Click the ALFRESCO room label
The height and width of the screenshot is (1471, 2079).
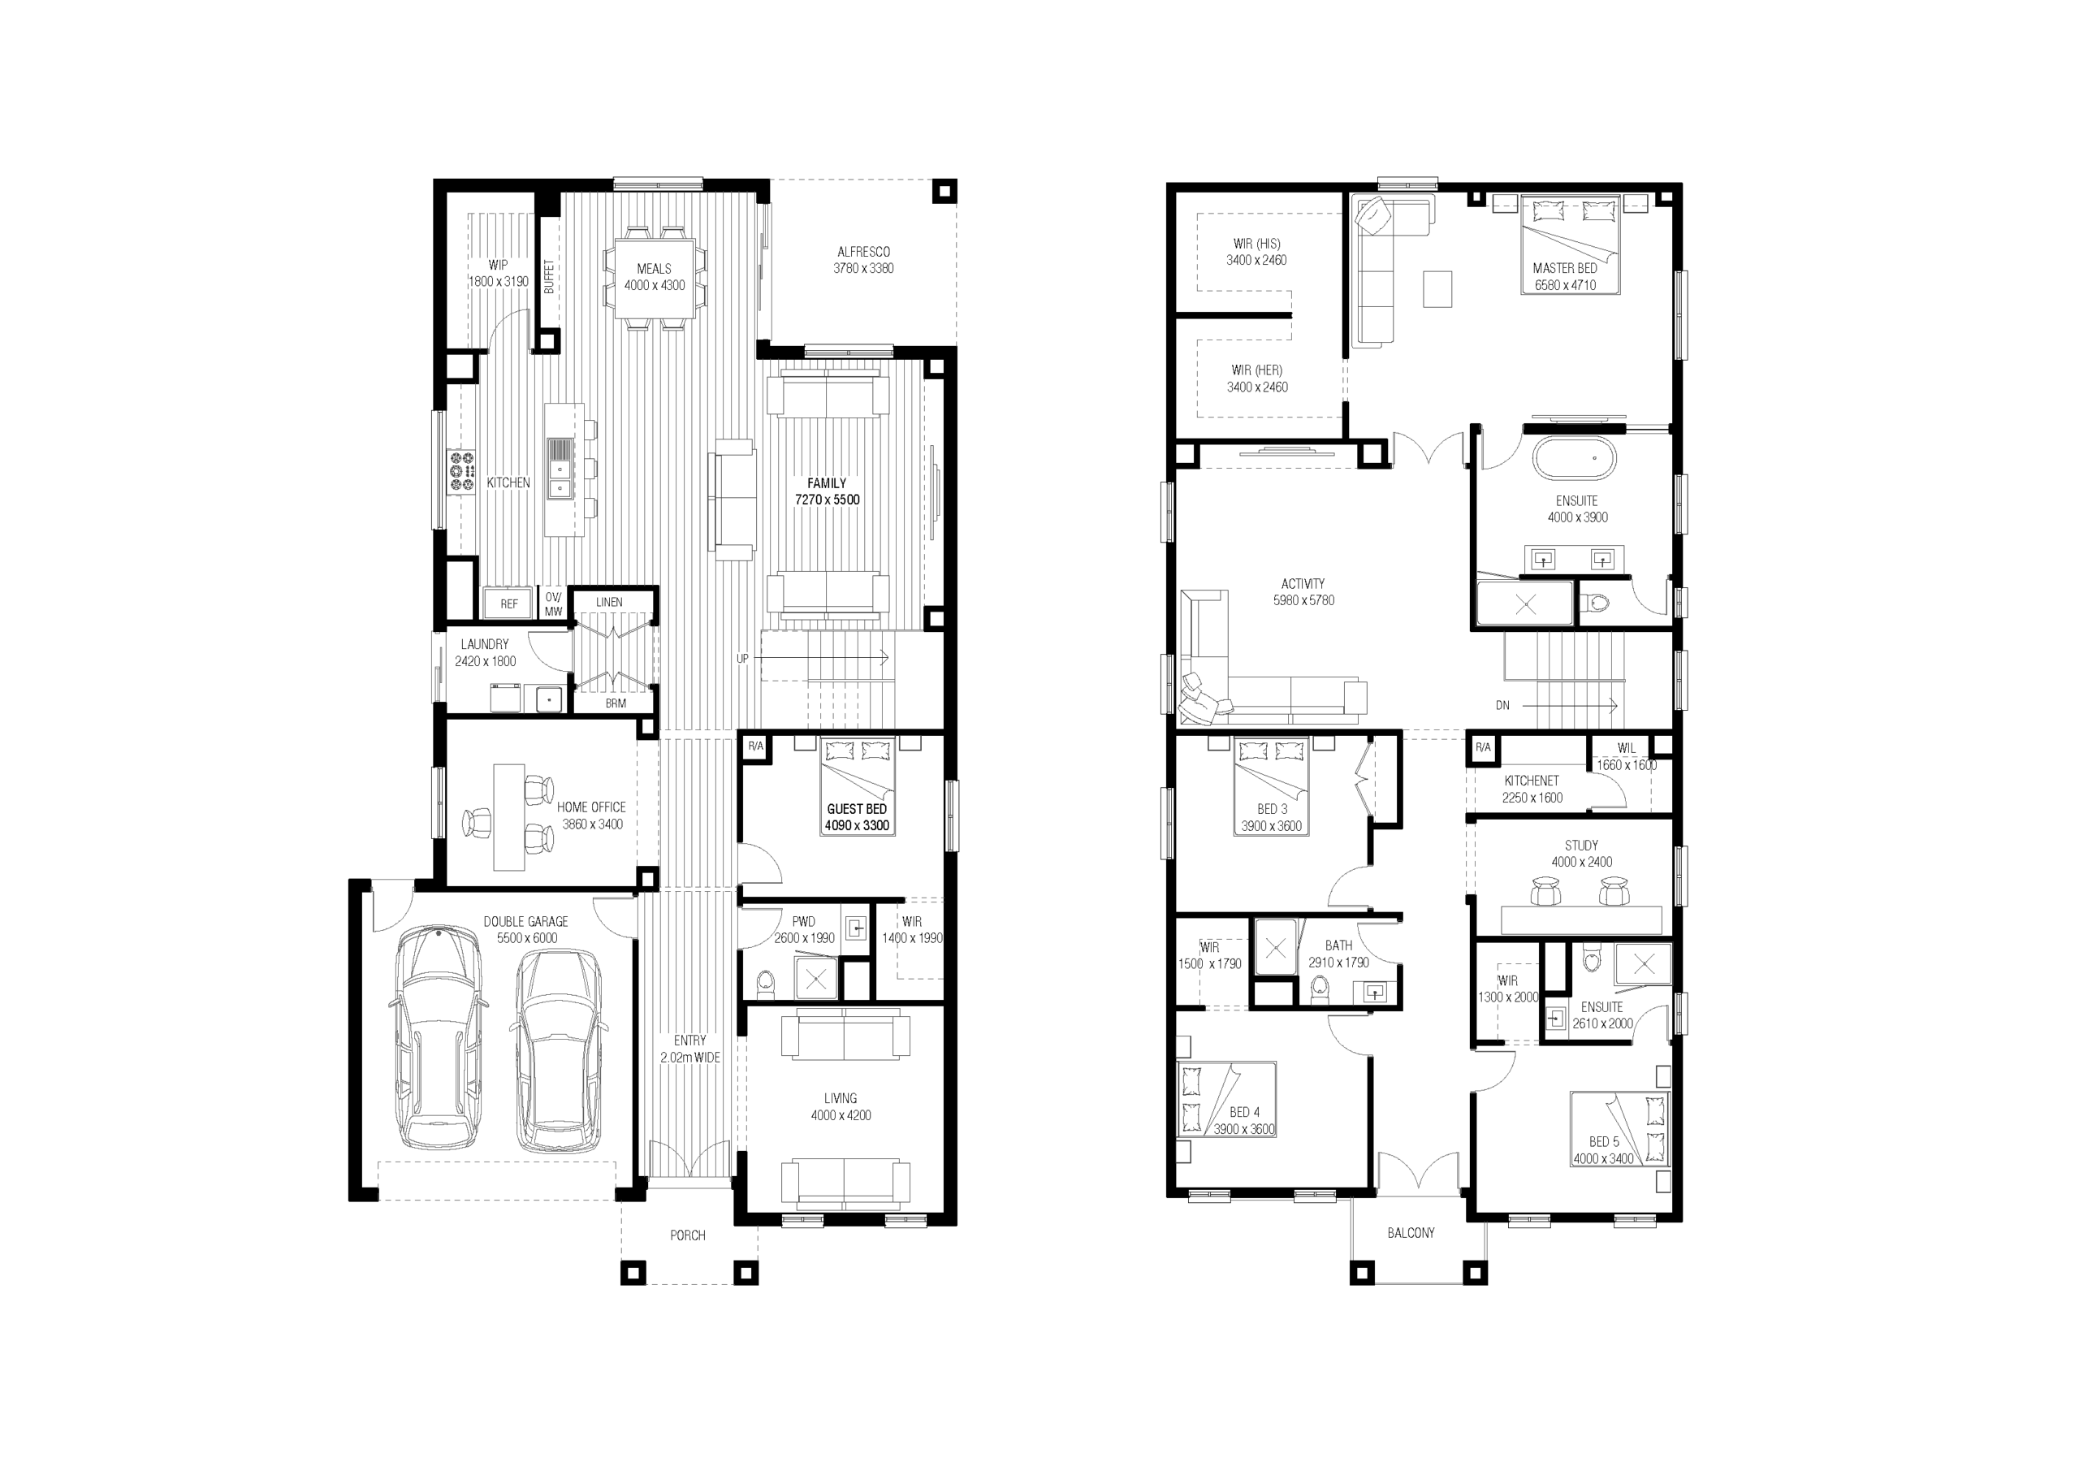coord(863,252)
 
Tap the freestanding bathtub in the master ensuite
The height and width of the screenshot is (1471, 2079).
coord(1575,459)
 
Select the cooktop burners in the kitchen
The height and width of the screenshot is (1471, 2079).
coord(462,472)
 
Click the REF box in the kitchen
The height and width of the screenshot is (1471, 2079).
coord(509,604)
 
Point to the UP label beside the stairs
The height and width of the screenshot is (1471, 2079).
coord(742,659)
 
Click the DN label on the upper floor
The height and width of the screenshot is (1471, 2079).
coord(1502,706)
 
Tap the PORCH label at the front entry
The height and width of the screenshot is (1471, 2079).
coord(687,1235)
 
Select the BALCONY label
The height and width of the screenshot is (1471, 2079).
coord(1411,1233)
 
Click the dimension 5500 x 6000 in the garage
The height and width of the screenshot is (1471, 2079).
coord(527,938)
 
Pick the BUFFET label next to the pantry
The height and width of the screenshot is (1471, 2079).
coord(549,277)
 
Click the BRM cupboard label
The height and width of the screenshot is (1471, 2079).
coord(616,703)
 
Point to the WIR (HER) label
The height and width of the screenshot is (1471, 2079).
coord(1257,370)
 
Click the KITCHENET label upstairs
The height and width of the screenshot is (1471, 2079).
coord(1532,781)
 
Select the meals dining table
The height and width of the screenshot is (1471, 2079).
coord(655,277)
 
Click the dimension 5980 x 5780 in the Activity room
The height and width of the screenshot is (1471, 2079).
coord(1304,600)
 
